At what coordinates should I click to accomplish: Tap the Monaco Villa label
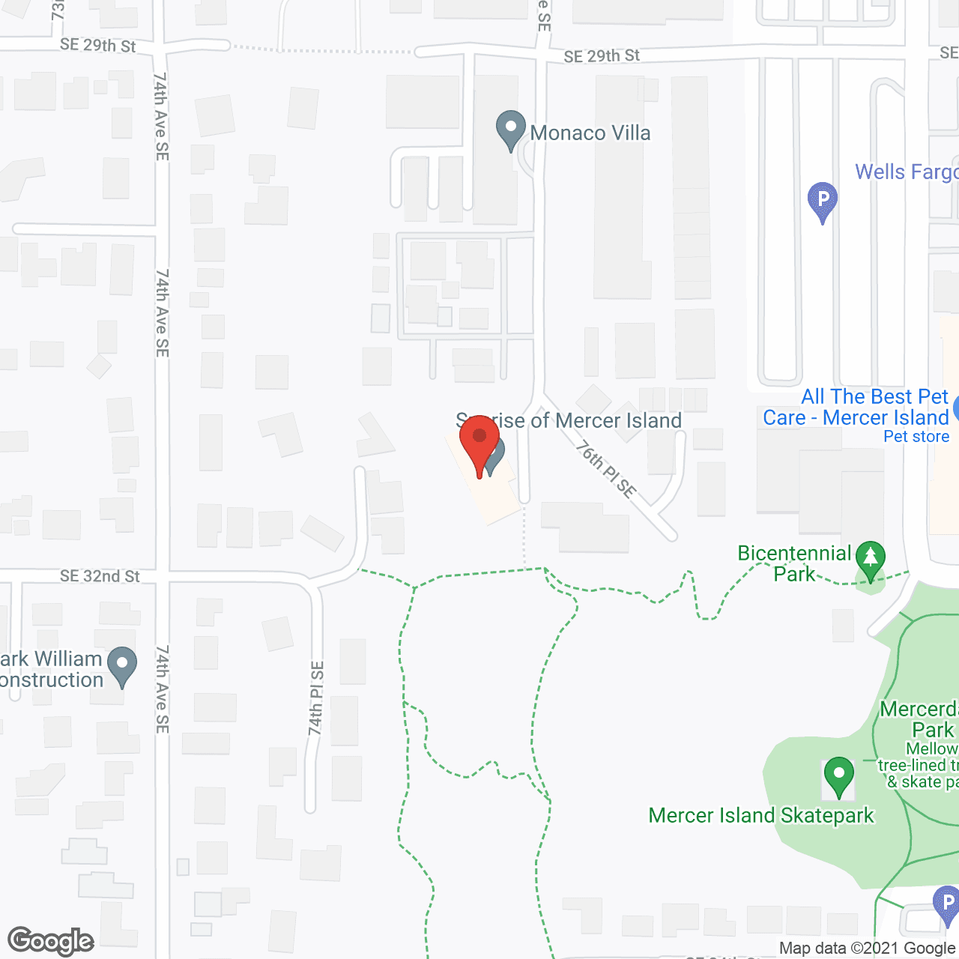tap(590, 133)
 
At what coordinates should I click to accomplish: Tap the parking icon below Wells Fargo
tap(823, 201)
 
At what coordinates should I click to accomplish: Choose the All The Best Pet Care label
tap(856, 407)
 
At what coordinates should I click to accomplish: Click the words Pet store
tap(916, 437)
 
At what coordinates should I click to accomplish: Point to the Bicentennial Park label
tap(794, 563)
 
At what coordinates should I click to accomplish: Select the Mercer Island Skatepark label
tap(761, 816)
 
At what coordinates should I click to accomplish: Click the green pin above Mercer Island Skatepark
tap(838, 776)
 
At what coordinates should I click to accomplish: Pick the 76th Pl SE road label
tap(605, 470)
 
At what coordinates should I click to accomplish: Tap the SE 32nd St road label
tap(100, 576)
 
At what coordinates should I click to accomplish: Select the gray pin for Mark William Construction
tap(122, 665)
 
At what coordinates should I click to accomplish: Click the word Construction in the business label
tap(51, 680)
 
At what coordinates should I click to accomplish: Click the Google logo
tap(51, 941)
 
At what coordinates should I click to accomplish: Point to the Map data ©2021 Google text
tap(868, 949)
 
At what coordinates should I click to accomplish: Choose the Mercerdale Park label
tap(920, 719)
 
